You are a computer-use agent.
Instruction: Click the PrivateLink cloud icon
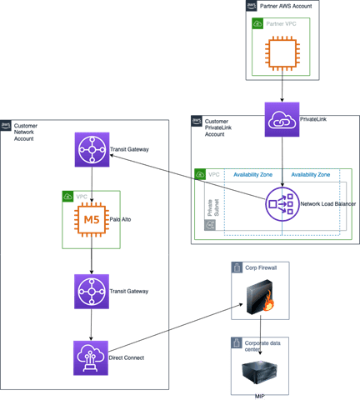pyautogui.click(x=282, y=119)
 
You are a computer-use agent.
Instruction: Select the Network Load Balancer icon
pyautogui.click(x=282, y=204)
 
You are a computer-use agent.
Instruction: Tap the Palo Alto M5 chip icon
pyautogui.click(x=92, y=219)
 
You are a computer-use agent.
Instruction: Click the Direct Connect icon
pyautogui.click(x=91, y=358)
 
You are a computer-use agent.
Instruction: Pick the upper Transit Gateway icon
pyautogui.click(x=92, y=150)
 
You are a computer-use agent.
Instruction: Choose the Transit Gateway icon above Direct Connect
pyautogui.click(x=92, y=292)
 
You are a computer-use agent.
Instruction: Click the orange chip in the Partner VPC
pyautogui.click(x=282, y=53)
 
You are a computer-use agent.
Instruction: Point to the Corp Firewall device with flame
pyautogui.click(x=261, y=297)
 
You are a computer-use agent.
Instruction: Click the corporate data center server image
pyautogui.click(x=260, y=372)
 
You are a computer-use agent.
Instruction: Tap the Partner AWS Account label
pyautogui.click(x=286, y=6)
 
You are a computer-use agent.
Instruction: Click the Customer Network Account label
pyautogui.click(x=26, y=132)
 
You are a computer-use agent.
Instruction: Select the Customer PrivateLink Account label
pyautogui.click(x=218, y=127)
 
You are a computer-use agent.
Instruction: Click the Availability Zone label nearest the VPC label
pyautogui.click(x=252, y=175)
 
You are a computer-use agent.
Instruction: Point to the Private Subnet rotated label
pyautogui.click(x=213, y=207)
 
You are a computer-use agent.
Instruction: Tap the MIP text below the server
pyautogui.click(x=260, y=397)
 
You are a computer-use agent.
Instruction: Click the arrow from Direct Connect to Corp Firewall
pyautogui.click(x=176, y=328)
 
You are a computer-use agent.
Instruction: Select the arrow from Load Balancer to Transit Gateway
pyautogui.click(x=187, y=177)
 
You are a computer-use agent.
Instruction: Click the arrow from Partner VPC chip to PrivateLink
pyautogui.click(x=282, y=87)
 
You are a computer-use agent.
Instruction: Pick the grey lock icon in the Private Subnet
pyautogui.click(x=210, y=225)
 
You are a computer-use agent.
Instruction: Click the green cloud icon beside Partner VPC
pyautogui.click(x=257, y=23)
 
